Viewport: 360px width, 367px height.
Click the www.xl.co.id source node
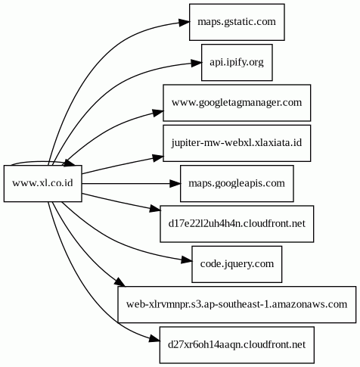point(43,183)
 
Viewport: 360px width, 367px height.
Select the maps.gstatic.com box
point(237,22)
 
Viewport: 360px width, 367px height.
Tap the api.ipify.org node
point(237,62)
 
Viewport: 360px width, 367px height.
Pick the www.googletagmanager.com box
point(237,103)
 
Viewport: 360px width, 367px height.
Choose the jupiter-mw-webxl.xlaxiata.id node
point(237,143)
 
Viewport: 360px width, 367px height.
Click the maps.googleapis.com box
point(237,183)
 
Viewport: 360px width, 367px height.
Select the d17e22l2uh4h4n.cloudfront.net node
point(237,224)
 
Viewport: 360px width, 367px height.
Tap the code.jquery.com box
point(237,264)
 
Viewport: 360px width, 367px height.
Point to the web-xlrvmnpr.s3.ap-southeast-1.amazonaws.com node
point(237,304)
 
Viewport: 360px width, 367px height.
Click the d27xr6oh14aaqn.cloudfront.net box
point(237,345)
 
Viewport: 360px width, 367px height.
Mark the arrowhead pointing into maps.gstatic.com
point(185,22)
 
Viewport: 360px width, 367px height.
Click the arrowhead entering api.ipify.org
point(197,63)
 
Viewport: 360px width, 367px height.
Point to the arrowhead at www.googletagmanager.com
point(158,113)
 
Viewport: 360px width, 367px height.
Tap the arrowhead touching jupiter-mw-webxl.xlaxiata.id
point(158,158)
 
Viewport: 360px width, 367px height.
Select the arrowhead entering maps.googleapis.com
point(175,183)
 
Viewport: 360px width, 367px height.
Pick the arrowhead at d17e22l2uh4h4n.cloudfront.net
point(155,209)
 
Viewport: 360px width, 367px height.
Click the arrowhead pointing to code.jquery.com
point(187,260)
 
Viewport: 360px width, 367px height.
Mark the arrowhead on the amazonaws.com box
point(120,281)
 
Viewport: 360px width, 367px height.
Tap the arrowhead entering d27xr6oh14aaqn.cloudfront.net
point(154,339)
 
